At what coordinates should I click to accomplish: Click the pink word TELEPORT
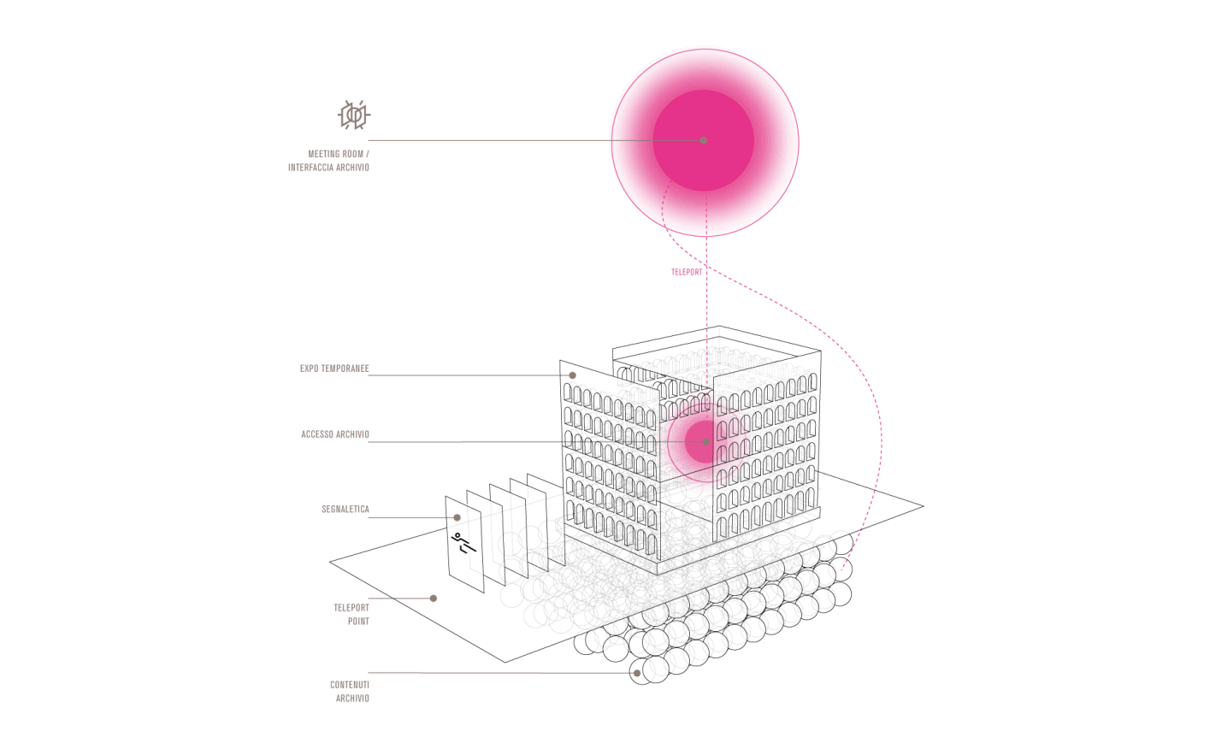[x=687, y=272]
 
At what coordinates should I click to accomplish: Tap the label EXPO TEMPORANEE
[x=334, y=369]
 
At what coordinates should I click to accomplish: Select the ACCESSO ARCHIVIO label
[x=335, y=434]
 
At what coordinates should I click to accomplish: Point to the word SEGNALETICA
[x=345, y=510]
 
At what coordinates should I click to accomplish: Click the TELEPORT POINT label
[x=351, y=615]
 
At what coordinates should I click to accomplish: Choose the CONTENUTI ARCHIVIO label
[x=350, y=692]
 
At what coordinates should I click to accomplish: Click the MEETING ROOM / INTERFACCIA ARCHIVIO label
[x=328, y=161]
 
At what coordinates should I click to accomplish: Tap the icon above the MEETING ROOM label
[x=354, y=115]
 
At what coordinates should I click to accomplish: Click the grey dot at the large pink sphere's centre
[x=703, y=140]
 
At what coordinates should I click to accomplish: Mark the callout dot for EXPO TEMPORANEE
[x=573, y=375]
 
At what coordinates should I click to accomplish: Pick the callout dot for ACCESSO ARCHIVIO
[x=706, y=442]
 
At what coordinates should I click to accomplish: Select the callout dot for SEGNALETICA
[x=457, y=517]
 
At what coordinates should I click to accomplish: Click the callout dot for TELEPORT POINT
[x=434, y=599]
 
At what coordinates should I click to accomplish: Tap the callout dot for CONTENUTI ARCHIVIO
[x=637, y=674]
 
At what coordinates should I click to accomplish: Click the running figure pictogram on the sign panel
[x=463, y=543]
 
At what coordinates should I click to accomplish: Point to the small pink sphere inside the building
[x=702, y=442]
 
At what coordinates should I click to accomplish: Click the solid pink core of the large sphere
[x=703, y=140]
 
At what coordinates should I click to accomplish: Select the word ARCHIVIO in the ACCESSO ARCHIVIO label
[x=353, y=434]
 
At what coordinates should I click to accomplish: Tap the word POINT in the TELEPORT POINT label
[x=358, y=622]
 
